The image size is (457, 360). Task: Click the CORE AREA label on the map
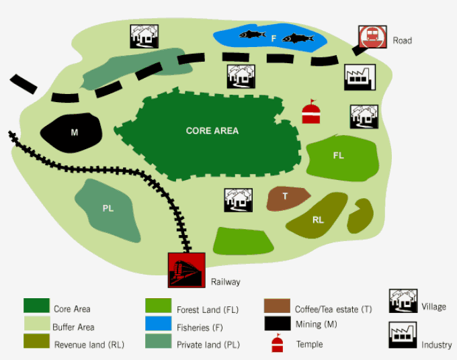212,131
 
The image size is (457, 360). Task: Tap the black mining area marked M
74,132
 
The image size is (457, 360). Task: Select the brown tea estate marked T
286,197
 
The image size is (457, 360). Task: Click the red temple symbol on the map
310,112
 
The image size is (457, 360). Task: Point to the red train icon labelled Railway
186,270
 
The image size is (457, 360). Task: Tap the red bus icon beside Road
370,38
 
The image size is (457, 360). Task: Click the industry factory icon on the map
360,77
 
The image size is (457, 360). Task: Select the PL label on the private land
108,208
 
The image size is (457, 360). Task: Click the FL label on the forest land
338,156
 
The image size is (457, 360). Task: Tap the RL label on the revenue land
318,220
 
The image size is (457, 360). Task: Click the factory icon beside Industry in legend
401,335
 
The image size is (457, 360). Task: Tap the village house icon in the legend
403,302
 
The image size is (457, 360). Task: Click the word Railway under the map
225,282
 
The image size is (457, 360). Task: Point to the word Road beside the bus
403,41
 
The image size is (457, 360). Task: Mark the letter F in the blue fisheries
274,39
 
